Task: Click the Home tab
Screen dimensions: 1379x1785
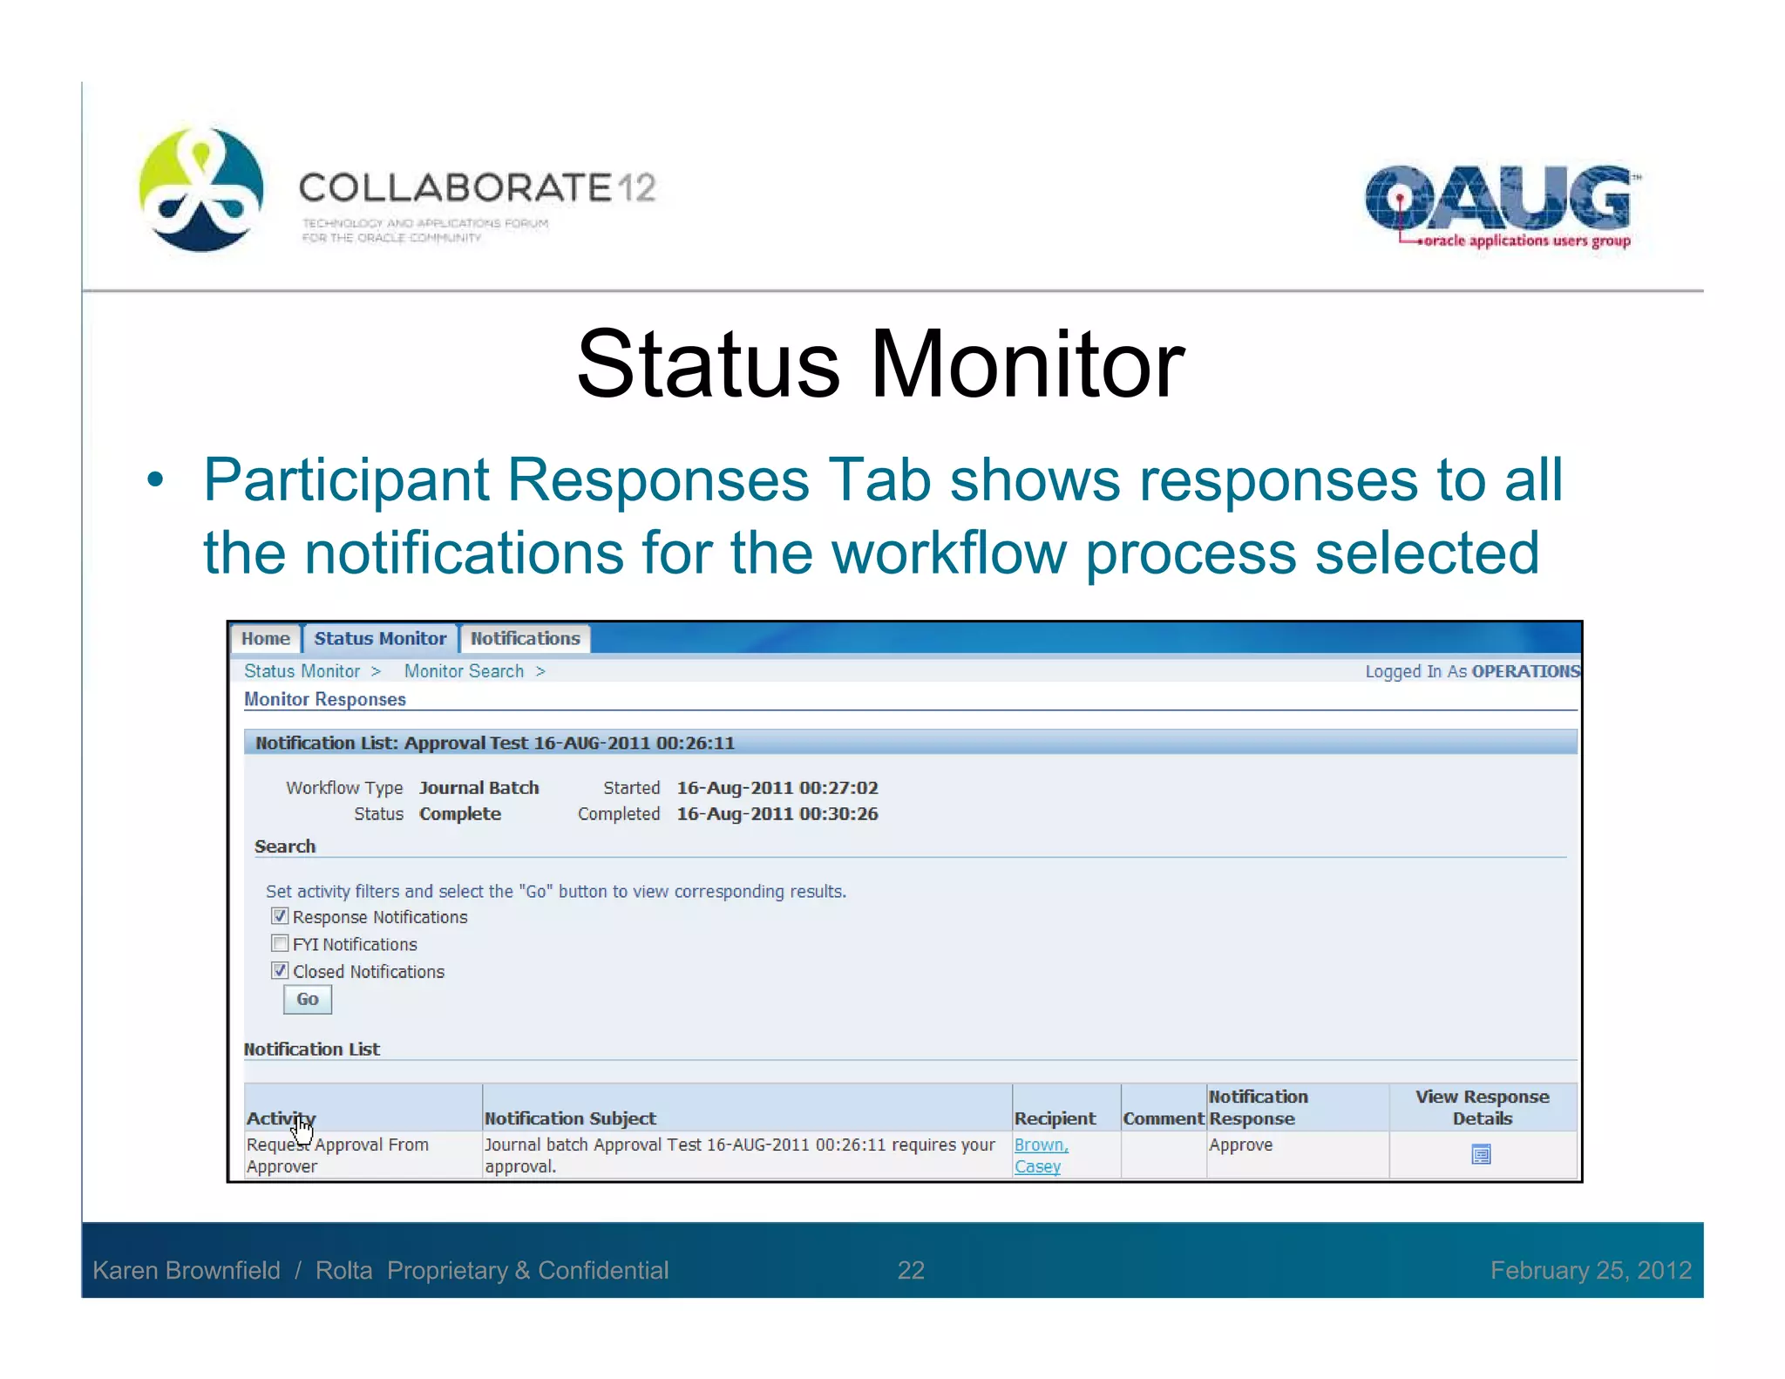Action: coord(265,638)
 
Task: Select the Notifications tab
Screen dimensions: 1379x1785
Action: coord(525,638)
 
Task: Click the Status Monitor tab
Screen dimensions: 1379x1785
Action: coord(380,638)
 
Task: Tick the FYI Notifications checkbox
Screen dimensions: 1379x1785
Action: coord(280,943)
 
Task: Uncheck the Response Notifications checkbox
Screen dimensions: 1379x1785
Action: coord(280,916)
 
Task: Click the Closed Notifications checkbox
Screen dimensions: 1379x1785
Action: coord(280,970)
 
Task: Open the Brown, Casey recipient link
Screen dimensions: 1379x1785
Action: coord(1040,1155)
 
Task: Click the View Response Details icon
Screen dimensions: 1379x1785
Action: coord(1481,1155)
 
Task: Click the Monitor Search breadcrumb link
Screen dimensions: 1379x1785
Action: coord(464,671)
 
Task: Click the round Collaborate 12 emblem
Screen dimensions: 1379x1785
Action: coord(201,189)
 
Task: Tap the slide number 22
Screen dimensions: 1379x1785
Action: coord(911,1270)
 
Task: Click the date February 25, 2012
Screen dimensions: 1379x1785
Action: coord(1591,1270)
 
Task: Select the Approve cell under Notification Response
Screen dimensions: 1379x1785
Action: coord(1240,1145)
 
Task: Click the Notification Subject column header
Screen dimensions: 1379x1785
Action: coord(570,1118)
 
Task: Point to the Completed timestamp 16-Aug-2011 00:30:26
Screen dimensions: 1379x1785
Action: coord(777,813)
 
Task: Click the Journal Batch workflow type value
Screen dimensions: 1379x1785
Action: coord(478,787)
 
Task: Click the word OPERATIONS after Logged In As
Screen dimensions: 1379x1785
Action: coord(1524,671)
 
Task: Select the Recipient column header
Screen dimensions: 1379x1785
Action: coord(1055,1118)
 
